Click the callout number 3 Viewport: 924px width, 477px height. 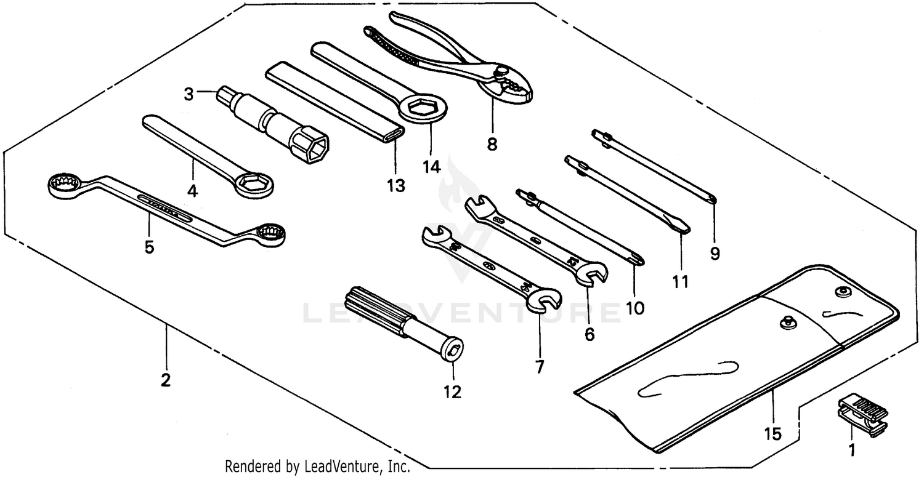pyautogui.click(x=188, y=95)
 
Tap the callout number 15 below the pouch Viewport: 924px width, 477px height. pyautogui.click(x=772, y=434)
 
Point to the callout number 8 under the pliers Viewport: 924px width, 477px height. pyautogui.click(x=492, y=145)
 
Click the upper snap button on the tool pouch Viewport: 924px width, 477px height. pyautogui.click(x=841, y=291)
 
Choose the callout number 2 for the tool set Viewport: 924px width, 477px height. pyautogui.click(x=165, y=380)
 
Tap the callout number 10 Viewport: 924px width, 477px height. pyautogui.click(x=634, y=307)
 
